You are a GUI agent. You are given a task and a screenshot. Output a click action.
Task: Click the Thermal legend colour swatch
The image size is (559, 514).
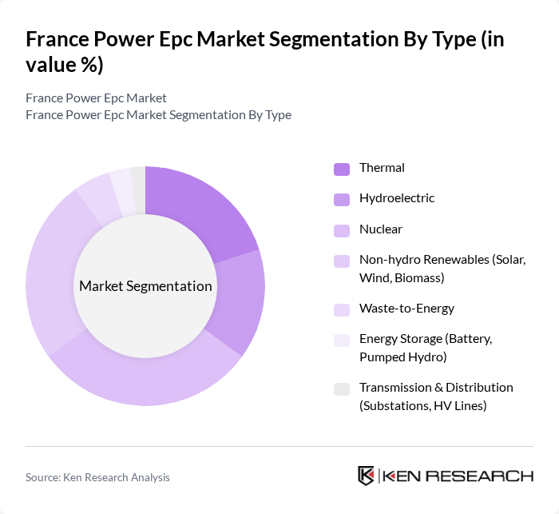coord(342,169)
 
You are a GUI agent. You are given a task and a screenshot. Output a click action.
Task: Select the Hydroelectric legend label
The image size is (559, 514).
coord(397,198)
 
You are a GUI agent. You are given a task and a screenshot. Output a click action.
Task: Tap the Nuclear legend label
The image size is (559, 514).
coord(381,229)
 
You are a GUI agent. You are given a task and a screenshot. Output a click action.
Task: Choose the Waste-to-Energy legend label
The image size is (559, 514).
coord(406,309)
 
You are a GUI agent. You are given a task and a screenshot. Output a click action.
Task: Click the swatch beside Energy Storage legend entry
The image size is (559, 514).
coord(342,340)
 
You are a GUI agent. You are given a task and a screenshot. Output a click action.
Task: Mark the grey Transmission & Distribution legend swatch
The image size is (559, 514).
coord(342,388)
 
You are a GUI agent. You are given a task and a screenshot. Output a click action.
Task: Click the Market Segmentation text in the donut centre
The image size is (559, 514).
coord(145,286)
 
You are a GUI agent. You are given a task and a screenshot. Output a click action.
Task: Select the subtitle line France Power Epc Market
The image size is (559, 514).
coord(96,98)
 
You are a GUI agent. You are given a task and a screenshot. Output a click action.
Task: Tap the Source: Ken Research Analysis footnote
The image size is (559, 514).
coord(97,477)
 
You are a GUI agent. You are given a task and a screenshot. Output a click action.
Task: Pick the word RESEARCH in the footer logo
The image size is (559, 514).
coord(490,476)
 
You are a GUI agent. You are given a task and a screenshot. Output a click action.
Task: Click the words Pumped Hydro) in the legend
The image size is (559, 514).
coord(403,357)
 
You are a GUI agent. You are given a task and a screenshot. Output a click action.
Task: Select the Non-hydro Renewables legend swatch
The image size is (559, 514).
coord(342,261)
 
